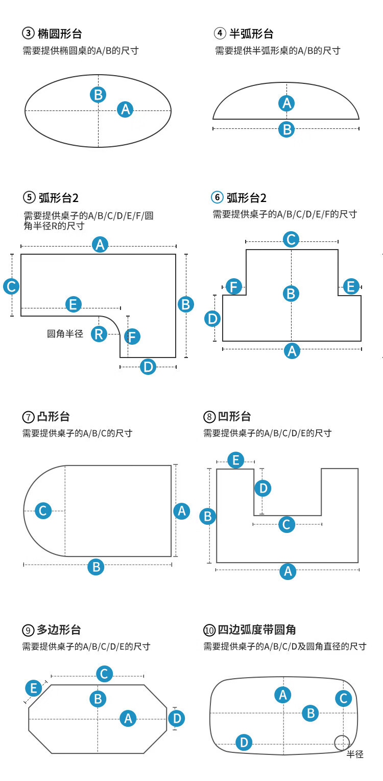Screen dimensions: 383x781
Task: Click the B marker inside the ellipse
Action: (x=98, y=95)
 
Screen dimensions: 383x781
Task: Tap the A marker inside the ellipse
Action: (x=125, y=109)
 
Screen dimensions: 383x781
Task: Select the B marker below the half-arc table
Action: (x=286, y=129)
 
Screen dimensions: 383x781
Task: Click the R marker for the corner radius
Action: (x=99, y=334)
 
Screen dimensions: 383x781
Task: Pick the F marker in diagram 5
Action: (x=132, y=337)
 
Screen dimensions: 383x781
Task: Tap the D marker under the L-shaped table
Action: (x=148, y=367)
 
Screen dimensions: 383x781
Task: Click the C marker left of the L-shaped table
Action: (x=11, y=286)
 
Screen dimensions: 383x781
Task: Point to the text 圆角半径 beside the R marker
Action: (x=65, y=334)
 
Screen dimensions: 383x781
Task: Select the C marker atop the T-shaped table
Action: (x=291, y=239)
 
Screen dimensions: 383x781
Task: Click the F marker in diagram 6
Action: (x=234, y=286)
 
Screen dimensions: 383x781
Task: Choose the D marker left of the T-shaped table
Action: (x=212, y=319)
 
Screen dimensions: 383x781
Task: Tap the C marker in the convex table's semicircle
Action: (x=43, y=511)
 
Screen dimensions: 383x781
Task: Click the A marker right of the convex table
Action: (x=182, y=511)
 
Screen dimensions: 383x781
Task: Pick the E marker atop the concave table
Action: (x=236, y=460)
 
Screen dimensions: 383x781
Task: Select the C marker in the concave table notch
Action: (x=287, y=524)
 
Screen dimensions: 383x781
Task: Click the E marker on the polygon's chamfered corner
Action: (x=33, y=688)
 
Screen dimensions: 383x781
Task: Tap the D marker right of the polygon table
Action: (x=177, y=718)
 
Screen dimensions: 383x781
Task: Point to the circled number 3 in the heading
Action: (x=28, y=33)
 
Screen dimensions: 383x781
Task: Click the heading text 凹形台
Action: (x=234, y=416)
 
